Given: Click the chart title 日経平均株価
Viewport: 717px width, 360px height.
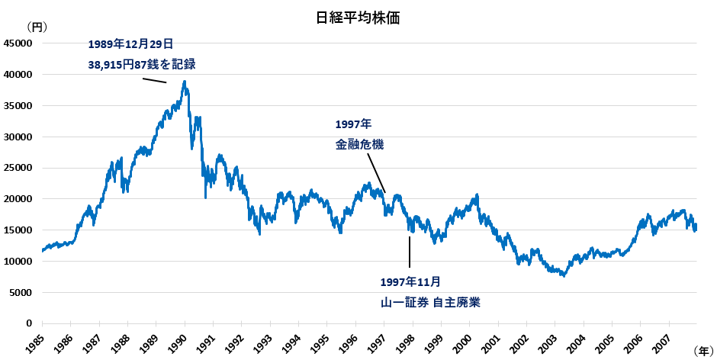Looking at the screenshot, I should (358, 18).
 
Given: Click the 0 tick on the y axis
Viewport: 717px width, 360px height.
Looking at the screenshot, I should (29, 323).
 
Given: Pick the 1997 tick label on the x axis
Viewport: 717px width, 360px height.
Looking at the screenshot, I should (378, 341).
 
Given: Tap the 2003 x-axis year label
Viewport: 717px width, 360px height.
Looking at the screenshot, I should (548, 341).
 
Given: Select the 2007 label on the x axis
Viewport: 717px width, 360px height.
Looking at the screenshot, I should (663, 341).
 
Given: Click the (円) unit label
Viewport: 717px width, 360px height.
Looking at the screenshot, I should (37, 27).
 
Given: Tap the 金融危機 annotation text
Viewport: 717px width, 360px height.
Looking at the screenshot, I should (359, 144).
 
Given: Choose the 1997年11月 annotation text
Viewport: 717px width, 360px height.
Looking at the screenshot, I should (410, 281).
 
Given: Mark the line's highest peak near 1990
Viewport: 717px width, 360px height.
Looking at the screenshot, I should (185, 82).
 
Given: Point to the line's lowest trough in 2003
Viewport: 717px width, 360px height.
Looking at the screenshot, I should (563, 275).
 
